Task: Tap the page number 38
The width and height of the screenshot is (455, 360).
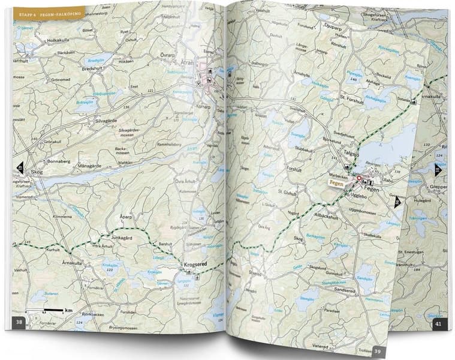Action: click(x=19, y=322)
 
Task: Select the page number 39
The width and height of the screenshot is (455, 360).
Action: click(x=378, y=351)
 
